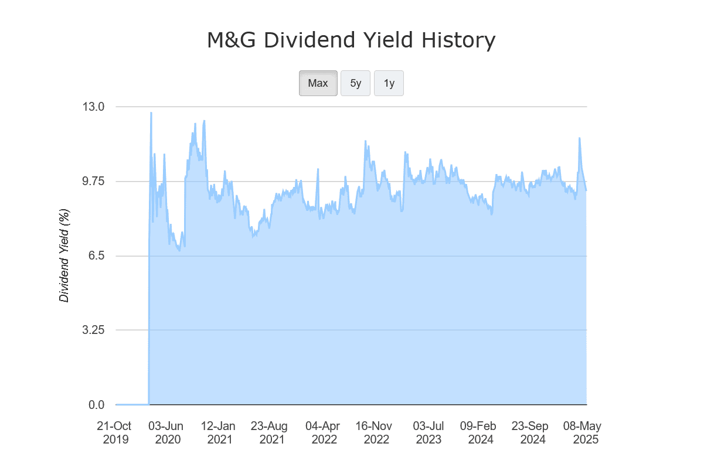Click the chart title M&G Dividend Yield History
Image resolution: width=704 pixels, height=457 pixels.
[351, 41]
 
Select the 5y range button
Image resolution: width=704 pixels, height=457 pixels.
[355, 83]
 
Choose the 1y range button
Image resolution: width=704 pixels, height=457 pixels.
[389, 83]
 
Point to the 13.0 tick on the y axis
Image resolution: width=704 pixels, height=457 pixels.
[93, 107]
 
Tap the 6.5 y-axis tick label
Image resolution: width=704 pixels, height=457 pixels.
[96, 256]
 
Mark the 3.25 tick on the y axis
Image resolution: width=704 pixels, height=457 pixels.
[93, 330]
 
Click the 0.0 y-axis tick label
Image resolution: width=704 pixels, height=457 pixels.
[96, 405]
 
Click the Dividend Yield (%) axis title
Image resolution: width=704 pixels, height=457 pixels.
[64, 256]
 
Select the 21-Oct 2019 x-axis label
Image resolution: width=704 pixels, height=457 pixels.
[115, 432]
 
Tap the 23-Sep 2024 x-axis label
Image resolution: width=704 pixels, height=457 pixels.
[530, 432]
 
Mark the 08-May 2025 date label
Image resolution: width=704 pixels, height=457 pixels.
[583, 432]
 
